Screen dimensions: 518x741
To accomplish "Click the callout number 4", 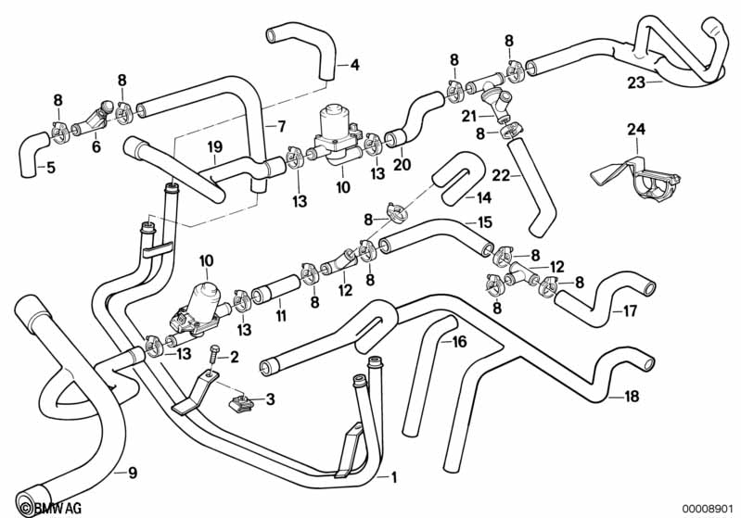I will click(x=354, y=65).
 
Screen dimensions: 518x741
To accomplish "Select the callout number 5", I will click(x=50, y=168).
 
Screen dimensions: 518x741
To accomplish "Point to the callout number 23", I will click(x=635, y=82).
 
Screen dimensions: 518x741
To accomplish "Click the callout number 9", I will click(x=132, y=474).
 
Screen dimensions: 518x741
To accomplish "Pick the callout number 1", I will click(x=393, y=478).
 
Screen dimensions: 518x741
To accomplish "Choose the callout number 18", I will click(x=632, y=398).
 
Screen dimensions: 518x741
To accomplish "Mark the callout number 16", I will click(x=459, y=342).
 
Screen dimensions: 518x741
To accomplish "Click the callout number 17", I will click(x=630, y=311).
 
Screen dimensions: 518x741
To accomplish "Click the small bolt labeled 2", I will click(x=214, y=352).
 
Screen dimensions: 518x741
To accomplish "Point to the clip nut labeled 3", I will click(x=240, y=401).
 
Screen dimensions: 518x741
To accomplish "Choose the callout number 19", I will click(x=214, y=146).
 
